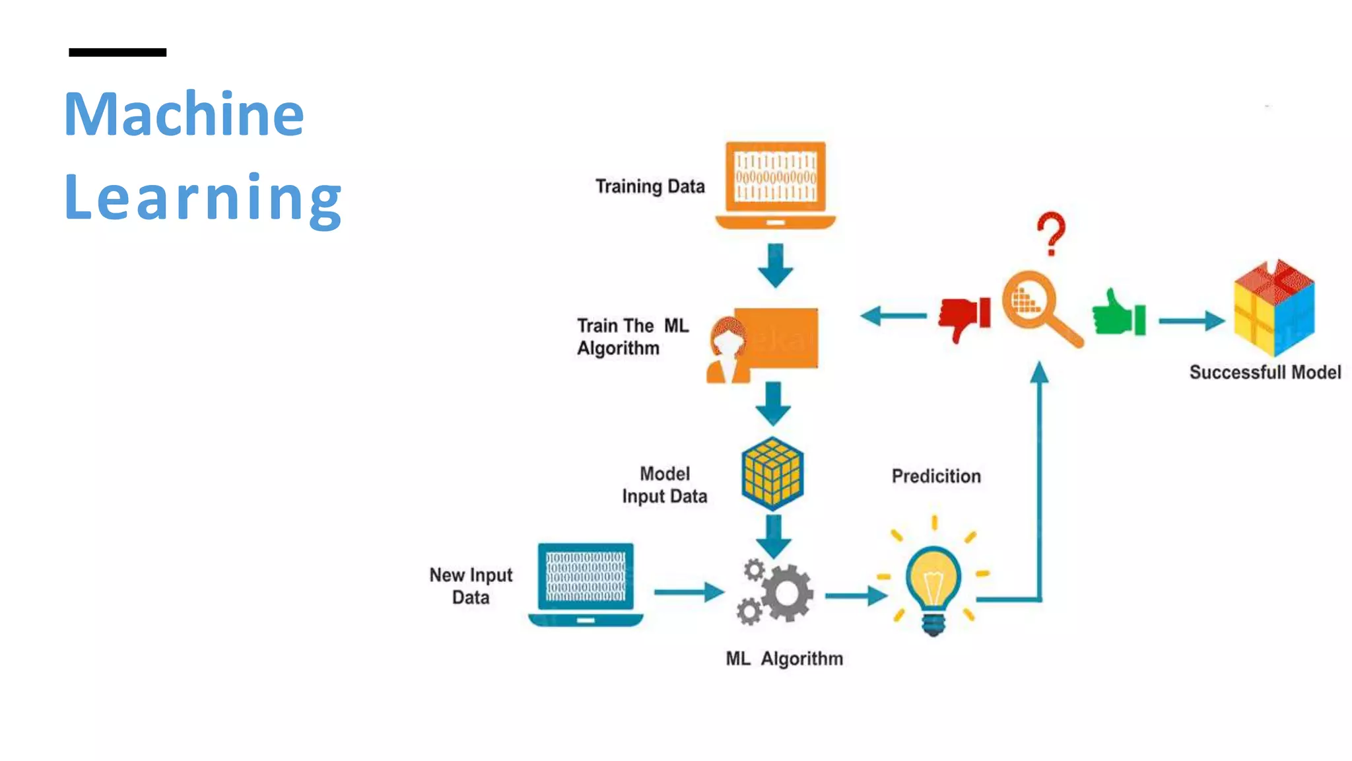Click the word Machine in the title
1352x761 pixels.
184,114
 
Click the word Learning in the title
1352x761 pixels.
203,197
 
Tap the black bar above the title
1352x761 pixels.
118,52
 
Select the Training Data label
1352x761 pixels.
650,187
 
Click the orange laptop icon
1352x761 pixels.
776,185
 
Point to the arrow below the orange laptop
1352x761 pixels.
775,266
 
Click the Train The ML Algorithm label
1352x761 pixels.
632,337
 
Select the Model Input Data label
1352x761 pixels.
664,485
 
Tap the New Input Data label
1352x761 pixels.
471,586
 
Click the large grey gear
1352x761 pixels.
787,593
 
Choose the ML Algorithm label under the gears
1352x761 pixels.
784,659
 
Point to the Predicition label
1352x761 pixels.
936,476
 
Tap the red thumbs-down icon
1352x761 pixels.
964,318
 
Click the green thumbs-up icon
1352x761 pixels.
1118,314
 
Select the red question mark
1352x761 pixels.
1051,233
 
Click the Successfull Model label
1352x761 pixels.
1265,373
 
